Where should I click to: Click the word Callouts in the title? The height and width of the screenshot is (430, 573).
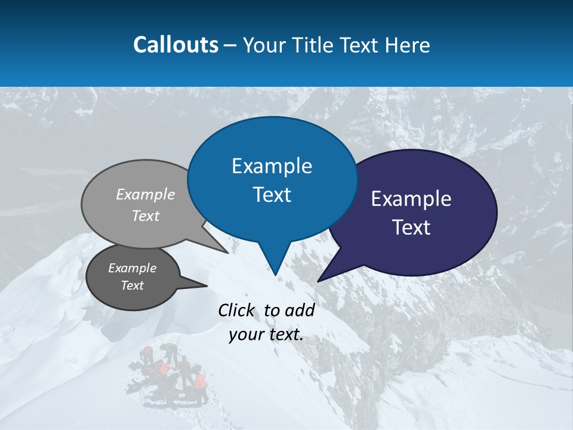[175, 45]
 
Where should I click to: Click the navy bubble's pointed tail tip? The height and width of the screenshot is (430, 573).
[318, 281]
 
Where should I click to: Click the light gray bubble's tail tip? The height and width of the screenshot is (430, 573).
[227, 253]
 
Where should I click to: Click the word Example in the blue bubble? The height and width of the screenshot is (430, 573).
[272, 166]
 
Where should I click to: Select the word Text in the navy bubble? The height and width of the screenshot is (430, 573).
[411, 228]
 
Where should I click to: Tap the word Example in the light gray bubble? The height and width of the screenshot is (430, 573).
[146, 195]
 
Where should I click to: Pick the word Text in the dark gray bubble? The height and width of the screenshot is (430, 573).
[132, 285]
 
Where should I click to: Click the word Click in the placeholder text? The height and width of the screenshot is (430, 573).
[237, 310]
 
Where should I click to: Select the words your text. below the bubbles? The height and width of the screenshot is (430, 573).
[266, 334]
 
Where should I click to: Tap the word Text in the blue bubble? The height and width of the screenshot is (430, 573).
[272, 195]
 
